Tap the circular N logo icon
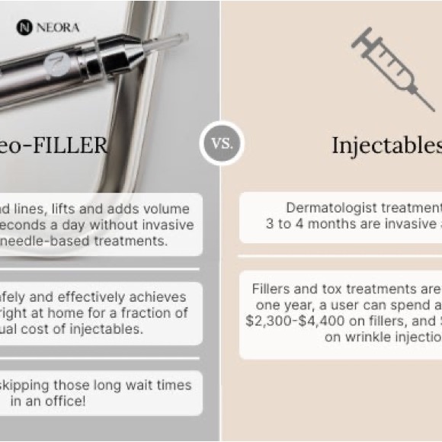tap(24, 27)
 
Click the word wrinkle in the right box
tap(364, 337)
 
